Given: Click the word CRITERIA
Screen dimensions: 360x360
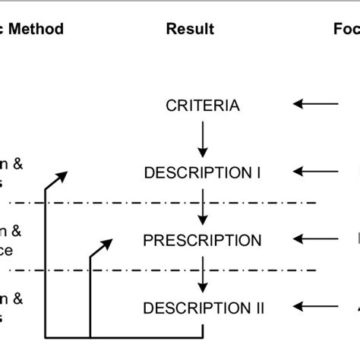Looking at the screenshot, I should click(202, 105).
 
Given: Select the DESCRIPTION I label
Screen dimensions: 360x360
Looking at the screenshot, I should click(202, 173).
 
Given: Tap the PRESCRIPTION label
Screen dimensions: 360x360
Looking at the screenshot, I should click(202, 241).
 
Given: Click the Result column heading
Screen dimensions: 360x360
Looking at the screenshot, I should click(189, 30).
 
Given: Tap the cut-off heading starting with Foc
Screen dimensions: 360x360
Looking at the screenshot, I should click(346, 30).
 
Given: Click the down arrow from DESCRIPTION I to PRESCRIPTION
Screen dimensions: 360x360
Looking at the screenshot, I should click(202, 207).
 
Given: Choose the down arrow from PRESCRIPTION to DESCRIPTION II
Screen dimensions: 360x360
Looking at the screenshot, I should click(202, 274).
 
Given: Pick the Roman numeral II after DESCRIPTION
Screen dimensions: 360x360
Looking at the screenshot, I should click(259, 308).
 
